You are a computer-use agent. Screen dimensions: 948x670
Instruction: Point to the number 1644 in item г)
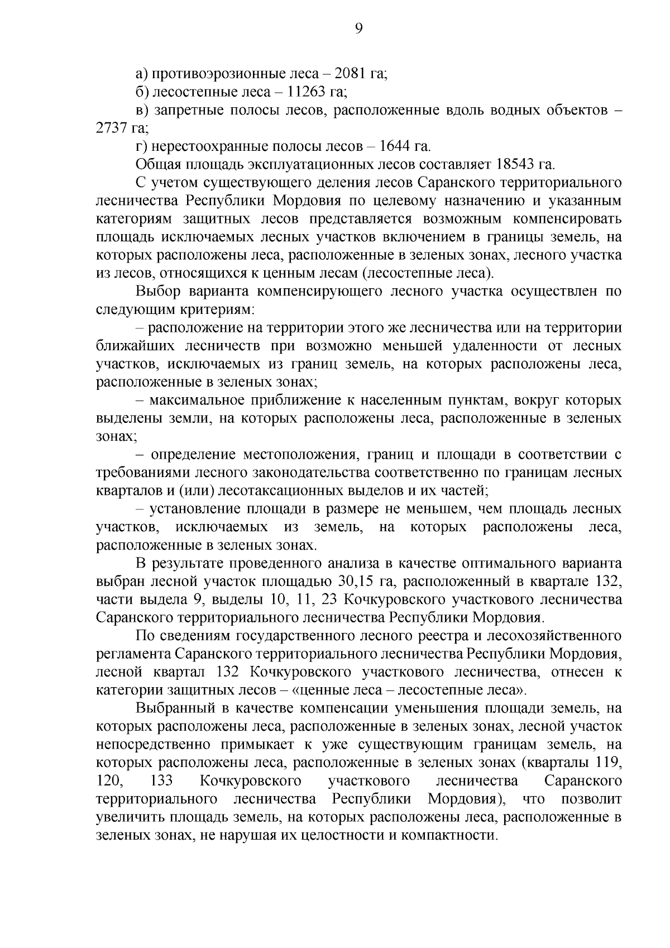[395, 146]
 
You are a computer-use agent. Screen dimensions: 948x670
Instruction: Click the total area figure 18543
[515, 165]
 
